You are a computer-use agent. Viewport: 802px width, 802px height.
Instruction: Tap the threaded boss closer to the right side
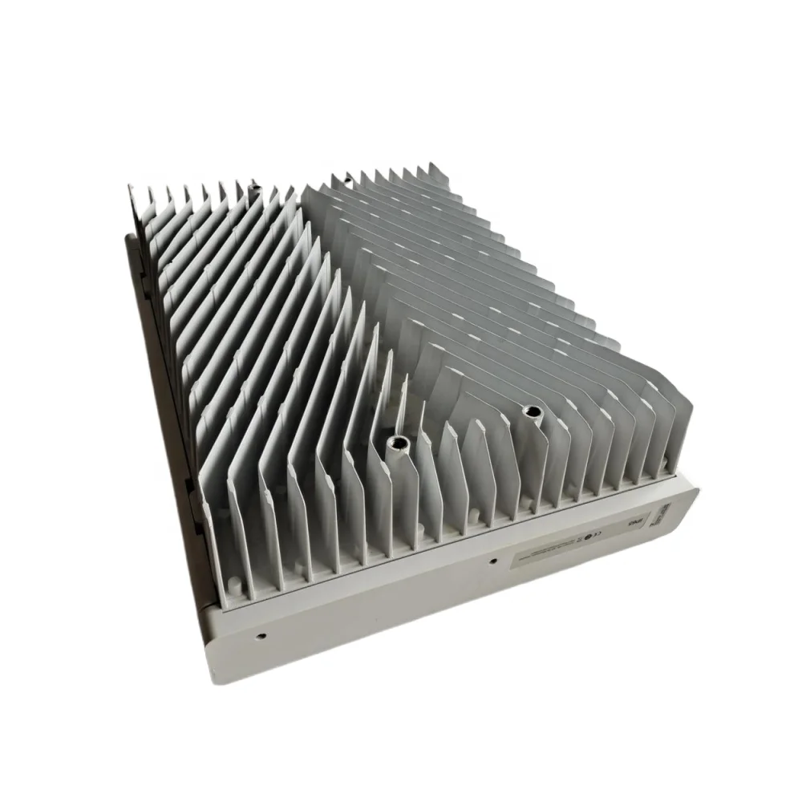[529, 412]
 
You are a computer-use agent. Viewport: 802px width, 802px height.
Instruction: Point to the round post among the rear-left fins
[255, 193]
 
